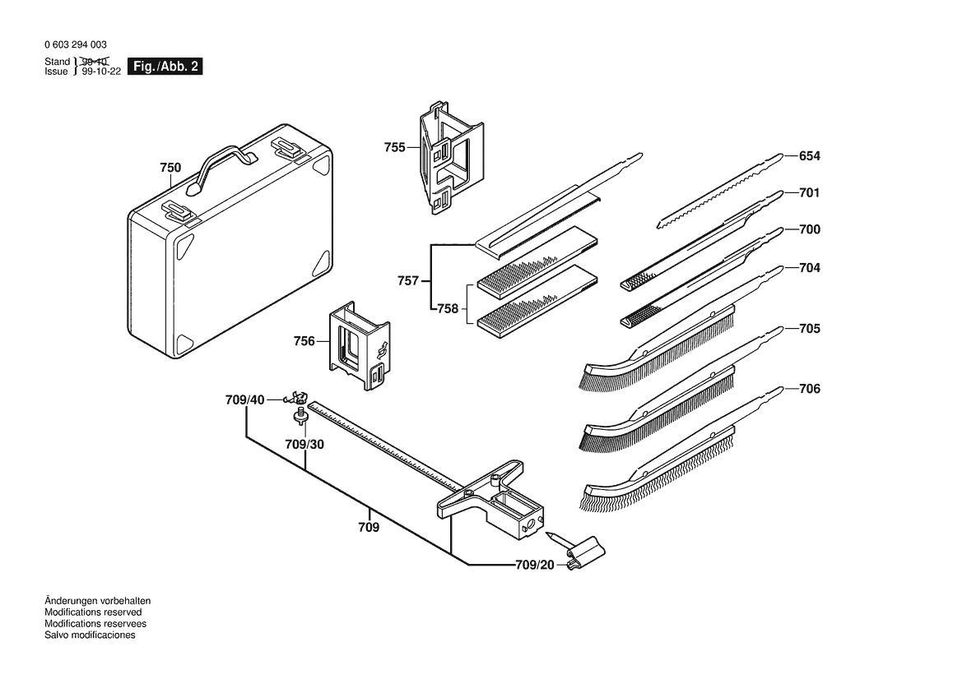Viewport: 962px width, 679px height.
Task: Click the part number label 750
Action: (170, 168)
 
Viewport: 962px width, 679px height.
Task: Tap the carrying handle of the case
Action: (220, 160)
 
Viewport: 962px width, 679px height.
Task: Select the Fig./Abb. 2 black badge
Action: (165, 67)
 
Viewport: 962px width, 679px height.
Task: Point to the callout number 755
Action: (395, 147)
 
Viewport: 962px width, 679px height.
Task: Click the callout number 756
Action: (304, 340)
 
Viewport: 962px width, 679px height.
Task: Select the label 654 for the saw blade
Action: (810, 156)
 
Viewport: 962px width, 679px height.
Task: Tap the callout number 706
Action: (810, 389)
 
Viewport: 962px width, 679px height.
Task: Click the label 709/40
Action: (245, 400)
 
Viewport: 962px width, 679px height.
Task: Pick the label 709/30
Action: (304, 444)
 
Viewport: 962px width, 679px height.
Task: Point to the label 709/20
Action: (535, 565)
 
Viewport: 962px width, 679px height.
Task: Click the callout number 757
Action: (408, 281)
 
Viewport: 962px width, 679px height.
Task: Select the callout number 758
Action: (448, 309)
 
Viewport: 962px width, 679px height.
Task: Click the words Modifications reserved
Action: (93, 612)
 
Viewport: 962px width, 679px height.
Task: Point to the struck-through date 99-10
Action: (95, 62)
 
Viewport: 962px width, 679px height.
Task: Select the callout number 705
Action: (810, 329)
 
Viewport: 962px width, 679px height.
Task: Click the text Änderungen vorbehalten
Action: (98, 601)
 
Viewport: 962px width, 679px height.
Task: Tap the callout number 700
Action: (810, 230)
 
